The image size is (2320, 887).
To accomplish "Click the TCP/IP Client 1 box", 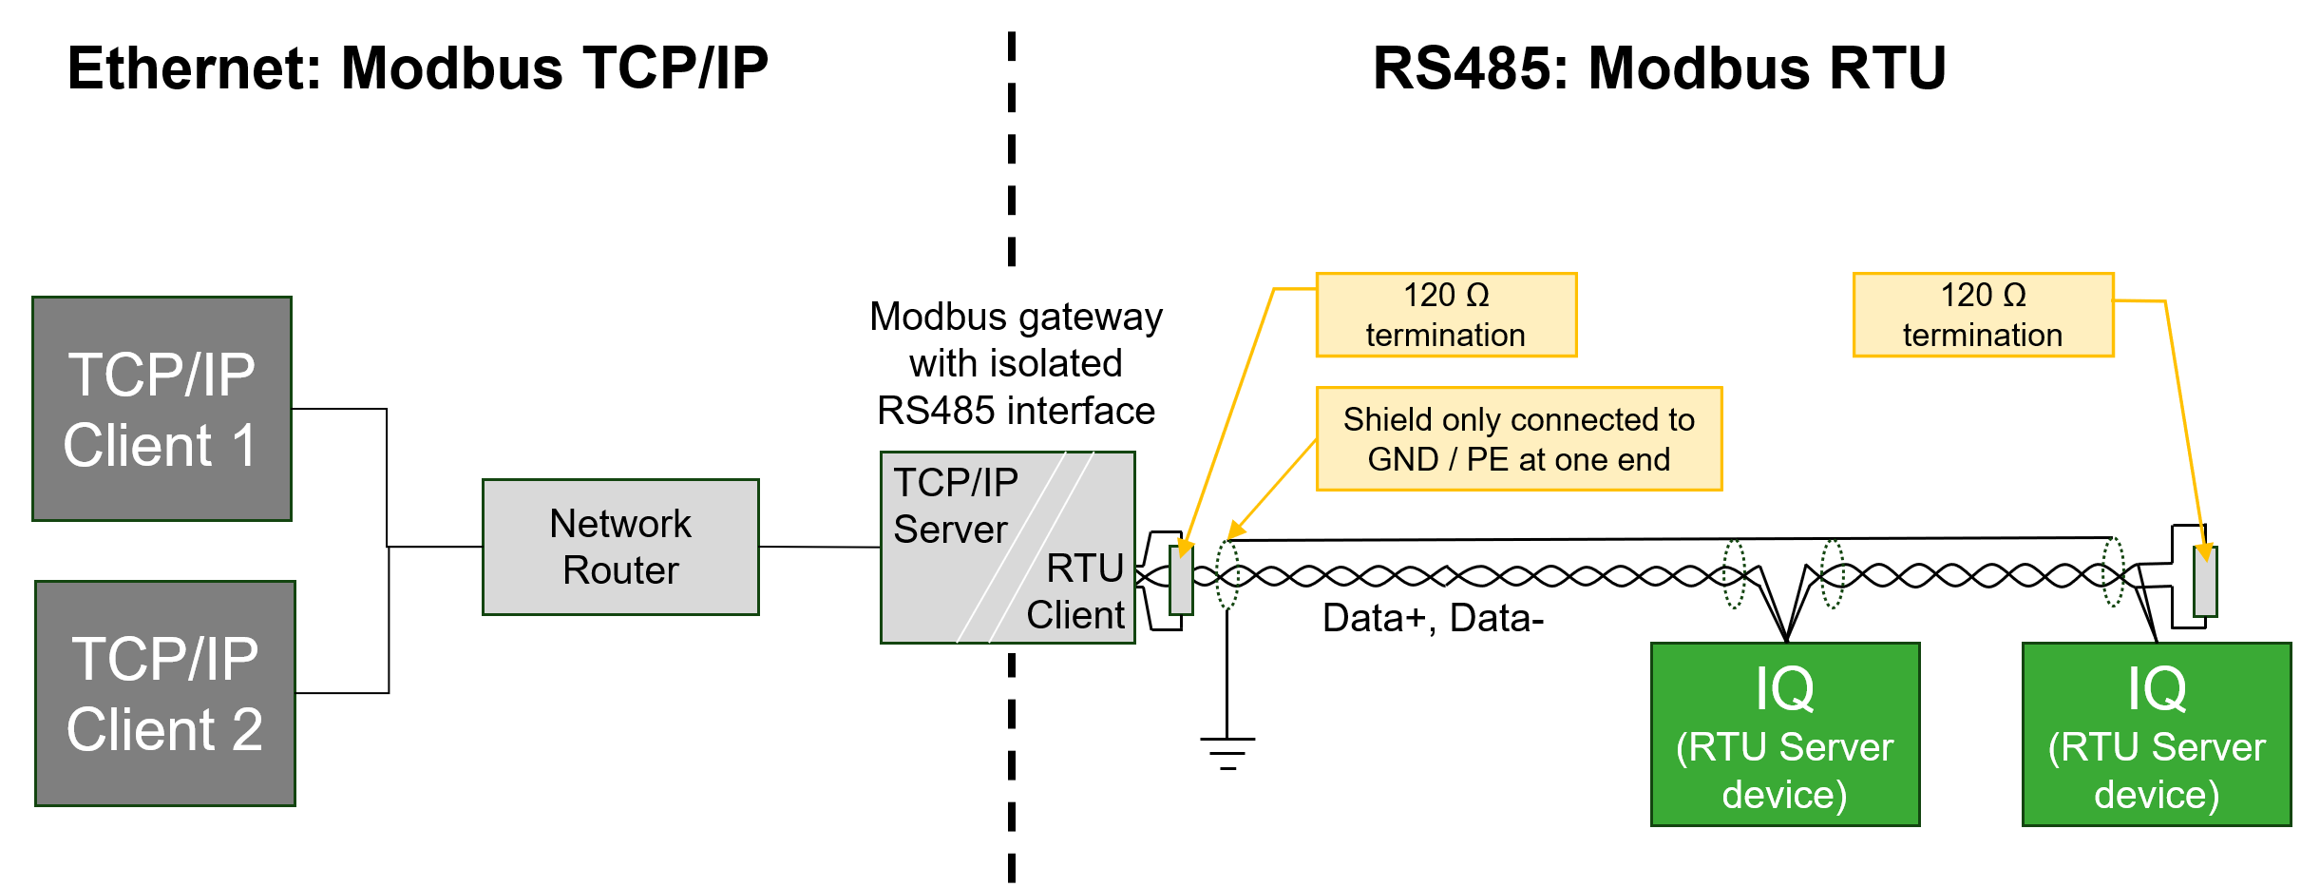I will tap(162, 409).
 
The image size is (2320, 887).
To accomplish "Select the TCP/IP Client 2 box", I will tap(165, 694).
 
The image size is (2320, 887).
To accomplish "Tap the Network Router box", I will tap(620, 547).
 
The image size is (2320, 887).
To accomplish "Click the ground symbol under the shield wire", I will tap(1227, 751).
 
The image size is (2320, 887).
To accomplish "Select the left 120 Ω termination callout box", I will tap(1446, 315).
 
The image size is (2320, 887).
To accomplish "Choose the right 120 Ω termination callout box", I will tap(1983, 315).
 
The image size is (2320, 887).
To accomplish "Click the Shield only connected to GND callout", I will tap(1518, 438).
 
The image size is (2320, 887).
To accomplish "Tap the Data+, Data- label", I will tap(1433, 618).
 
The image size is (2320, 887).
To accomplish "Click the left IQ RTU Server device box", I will tap(1784, 734).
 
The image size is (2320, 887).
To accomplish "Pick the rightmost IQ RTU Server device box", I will tap(2156, 734).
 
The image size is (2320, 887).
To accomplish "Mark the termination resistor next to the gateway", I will tap(1181, 580).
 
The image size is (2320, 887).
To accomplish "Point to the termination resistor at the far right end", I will tap(2204, 582).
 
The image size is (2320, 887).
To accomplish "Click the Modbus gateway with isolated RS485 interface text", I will tap(1016, 363).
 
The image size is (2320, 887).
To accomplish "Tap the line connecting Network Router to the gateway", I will tap(819, 547).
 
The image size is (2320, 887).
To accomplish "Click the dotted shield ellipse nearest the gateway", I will tap(1227, 574).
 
